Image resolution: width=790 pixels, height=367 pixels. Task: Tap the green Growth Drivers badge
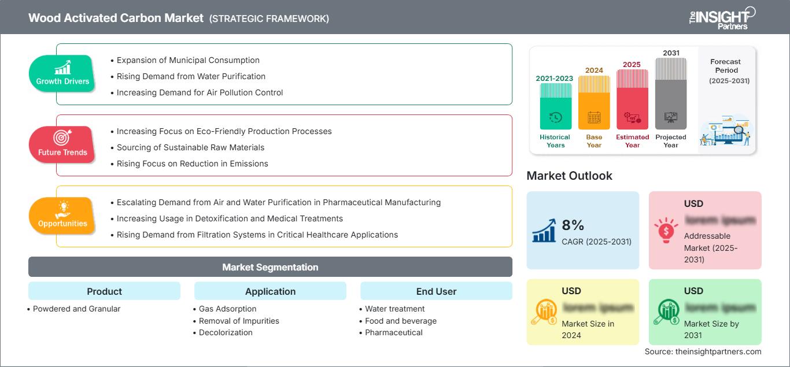point(62,73)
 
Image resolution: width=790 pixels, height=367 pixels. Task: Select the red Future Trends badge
point(62,144)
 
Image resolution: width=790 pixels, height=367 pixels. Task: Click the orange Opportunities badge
point(62,216)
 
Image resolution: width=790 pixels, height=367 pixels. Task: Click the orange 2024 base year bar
point(594,102)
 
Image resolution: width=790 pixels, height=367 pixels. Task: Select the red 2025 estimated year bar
point(632,99)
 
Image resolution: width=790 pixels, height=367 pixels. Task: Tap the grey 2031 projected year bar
point(671,94)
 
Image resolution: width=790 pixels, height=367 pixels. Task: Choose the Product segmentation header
point(104,291)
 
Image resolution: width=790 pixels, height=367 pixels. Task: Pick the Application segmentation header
point(270,291)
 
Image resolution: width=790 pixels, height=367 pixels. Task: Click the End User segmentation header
point(436,291)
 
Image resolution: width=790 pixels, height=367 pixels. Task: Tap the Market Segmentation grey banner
point(270,267)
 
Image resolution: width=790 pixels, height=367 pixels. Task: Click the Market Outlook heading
point(569,176)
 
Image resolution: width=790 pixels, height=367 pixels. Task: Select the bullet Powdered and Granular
point(76,309)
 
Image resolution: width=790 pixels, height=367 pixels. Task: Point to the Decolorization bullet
point(226,332)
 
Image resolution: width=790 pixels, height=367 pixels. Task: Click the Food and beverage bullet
point(401,321)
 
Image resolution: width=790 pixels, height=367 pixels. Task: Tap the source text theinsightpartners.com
point(703,351)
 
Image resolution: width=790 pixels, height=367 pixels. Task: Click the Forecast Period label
point(726,66)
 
